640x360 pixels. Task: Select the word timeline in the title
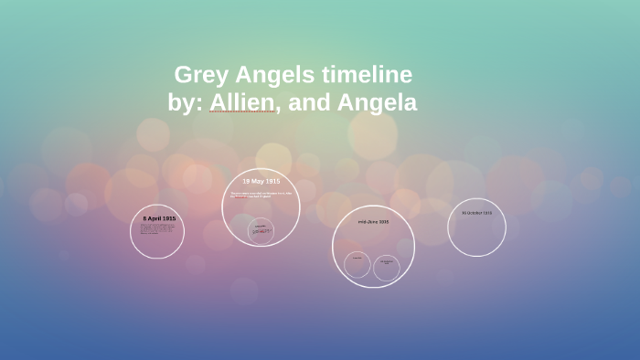(x=371, y=75)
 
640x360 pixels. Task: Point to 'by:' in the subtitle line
(x=187, y=103)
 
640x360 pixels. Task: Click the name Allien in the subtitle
(x=244, y=103)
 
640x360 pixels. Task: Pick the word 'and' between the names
(x=309, y=103)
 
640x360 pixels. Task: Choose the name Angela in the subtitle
(x=377, y=103)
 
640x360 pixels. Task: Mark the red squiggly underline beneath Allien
(x=243, y=112)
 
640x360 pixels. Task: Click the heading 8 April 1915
(x=159, y=219)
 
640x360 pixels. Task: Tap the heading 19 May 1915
(x=261, y=181)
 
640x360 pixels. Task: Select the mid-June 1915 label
(x=374, y=222)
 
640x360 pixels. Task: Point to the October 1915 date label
(x=476, y=212)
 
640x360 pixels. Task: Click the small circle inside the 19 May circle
(x=261, y=231)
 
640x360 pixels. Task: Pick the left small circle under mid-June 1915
(x=357, y=265)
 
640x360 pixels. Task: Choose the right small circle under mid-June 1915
(x=387, y=268)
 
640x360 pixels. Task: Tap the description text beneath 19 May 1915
(x=261, y=195)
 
